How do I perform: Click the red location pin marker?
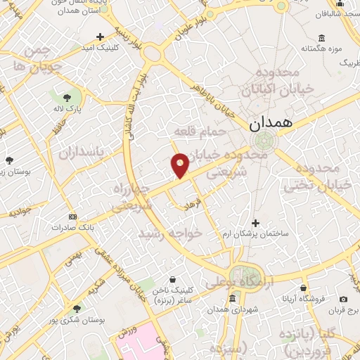tap(180, 165)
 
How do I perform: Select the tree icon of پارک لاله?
tap(66, 97)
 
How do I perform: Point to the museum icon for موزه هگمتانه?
tap(321, 38)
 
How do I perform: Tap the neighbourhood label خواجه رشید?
tap(169, 233)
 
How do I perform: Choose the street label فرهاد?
tap(193, 203)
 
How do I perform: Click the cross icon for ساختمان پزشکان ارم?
tap(255, 222)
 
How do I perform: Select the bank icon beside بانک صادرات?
tap(72, 216)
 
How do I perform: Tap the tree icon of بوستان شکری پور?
tap(76, 308)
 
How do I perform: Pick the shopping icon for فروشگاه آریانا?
tap(303, 288)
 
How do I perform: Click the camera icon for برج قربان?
tap(344, 299)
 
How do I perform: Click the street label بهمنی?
tap(72, 257)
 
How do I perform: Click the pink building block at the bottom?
tap(144, 343)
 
